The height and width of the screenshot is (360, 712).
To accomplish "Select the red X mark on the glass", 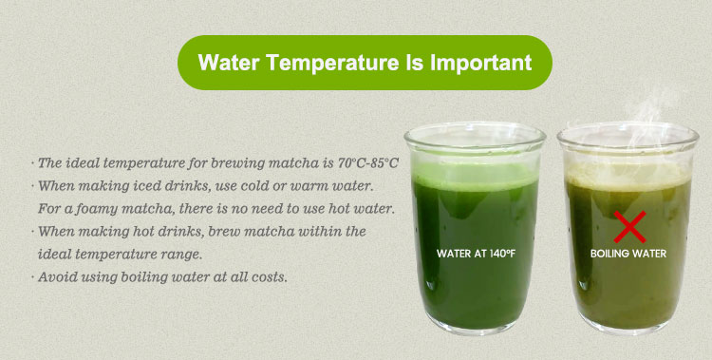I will [x=628, y=227].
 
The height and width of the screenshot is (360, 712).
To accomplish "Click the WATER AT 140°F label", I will [x=476, y=255].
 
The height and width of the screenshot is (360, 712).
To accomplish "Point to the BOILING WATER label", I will [x=628, y=255].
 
